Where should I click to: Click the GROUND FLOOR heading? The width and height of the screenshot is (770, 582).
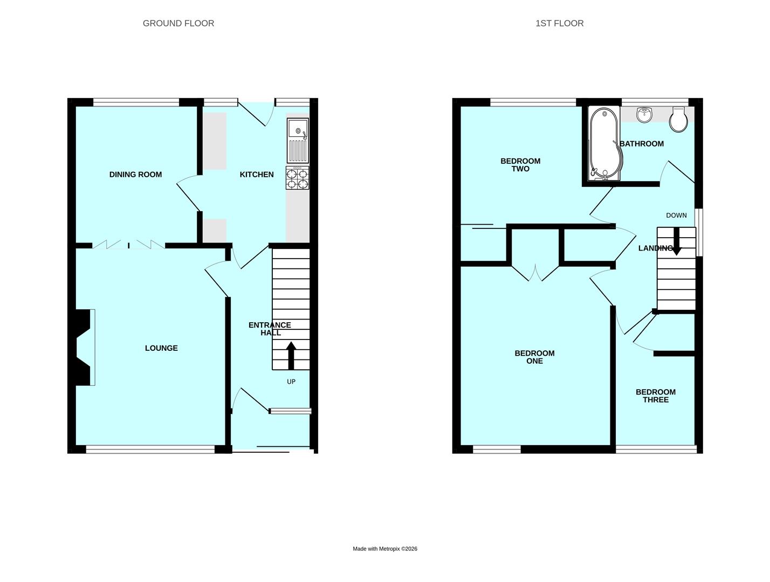(x=178, y=23)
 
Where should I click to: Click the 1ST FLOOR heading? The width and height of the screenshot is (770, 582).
(x=559, y=23)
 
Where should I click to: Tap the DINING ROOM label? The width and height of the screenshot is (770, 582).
(x=135, y=175)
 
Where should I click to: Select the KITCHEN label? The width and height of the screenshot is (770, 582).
(x=256, y=175)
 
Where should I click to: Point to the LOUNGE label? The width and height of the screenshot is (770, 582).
(x=161, y=348)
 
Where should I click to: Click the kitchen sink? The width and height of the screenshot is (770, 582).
(x=298, y=140)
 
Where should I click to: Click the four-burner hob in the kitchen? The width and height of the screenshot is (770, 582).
(x=298, y=178)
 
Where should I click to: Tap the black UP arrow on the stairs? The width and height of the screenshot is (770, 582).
(x=291, y=355)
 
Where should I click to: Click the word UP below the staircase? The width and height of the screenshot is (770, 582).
(x=291, y=382)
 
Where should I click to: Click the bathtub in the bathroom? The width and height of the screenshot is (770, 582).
(x=604, y=143)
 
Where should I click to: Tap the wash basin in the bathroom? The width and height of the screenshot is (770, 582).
(x=644, y=114)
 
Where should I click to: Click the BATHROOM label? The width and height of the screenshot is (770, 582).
(x=642, y=144)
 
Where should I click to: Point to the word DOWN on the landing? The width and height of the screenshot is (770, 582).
(x=676, y=216)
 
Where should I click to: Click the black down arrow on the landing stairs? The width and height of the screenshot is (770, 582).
(x=676, y=242)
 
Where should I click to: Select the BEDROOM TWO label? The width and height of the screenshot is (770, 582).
(x=520, y=165)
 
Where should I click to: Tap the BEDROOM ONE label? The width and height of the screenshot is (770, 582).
(x=534, y=357)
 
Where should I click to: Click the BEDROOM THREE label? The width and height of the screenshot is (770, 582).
(x=655, y=396)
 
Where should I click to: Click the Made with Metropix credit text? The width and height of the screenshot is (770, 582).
(x=385, y=549)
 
